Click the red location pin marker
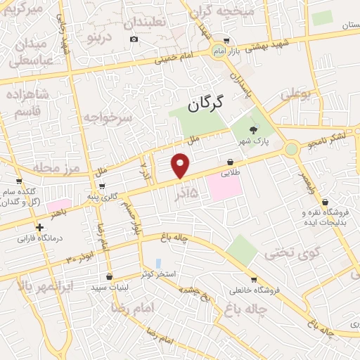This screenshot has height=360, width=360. coord(181,165)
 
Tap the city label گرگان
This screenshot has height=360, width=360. coord(206,103)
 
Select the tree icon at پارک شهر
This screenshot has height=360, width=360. coord(253,129)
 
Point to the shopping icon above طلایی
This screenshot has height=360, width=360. coord(231,162)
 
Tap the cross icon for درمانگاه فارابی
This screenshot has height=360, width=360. coord(39,227)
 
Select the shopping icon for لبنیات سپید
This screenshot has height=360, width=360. coord(108,276)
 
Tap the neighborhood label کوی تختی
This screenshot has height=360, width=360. coord(286,255)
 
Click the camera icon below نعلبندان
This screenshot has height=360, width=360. coord(134,38)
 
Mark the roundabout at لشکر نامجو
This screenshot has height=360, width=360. coord(290,149)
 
